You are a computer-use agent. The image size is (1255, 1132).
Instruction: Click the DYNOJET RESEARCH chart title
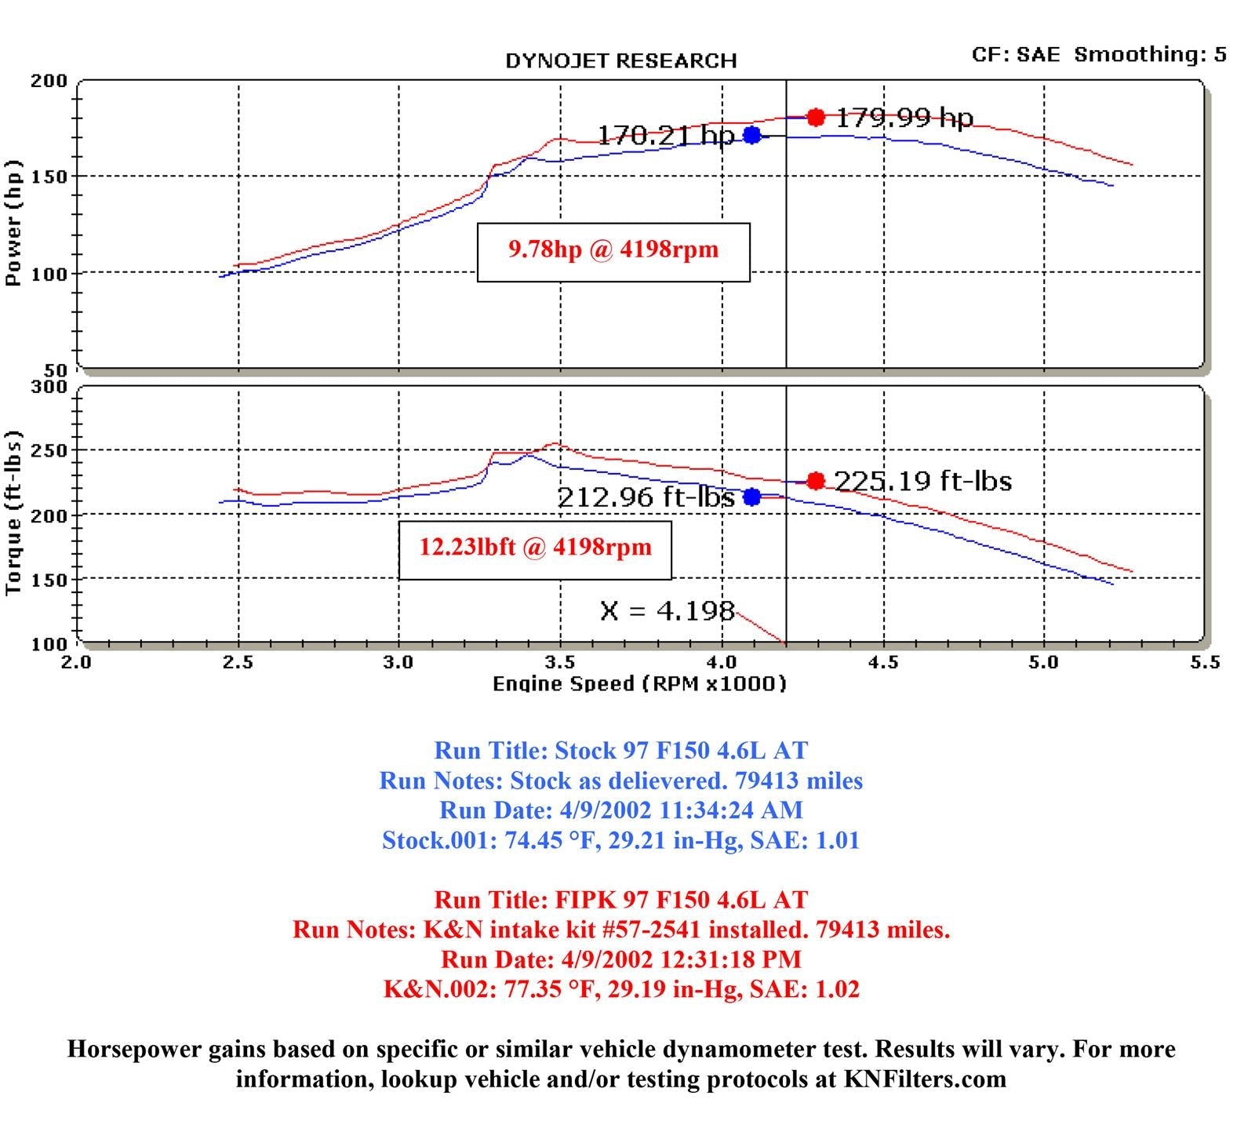tap(620, 61)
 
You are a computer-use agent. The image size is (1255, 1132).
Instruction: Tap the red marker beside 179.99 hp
tap(816, 118)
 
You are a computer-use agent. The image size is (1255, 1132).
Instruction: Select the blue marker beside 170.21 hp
tap(751, 135)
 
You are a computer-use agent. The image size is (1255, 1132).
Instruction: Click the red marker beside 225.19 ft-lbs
tap(816, 481)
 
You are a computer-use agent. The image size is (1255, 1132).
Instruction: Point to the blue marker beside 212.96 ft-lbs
tap(751, 497)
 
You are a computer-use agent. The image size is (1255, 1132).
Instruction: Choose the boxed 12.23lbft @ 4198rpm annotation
tap(535, 548)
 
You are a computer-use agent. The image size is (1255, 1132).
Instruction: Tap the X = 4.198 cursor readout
tap(668, 610)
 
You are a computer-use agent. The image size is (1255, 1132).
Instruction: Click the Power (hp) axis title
tap(13, 223)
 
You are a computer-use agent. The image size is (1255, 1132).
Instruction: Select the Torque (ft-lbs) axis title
tap(13, 513)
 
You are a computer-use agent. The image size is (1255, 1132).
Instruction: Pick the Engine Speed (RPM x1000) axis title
tap(639, 684)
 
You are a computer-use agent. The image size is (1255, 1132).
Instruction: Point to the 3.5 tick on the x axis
tap(561, 662)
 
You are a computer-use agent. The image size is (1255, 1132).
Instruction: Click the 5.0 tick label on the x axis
tap(1044, 662)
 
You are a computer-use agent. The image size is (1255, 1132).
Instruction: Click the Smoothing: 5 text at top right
tap(1150, 54)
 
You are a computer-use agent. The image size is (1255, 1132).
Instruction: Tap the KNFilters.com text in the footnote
tap(925, 1079)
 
